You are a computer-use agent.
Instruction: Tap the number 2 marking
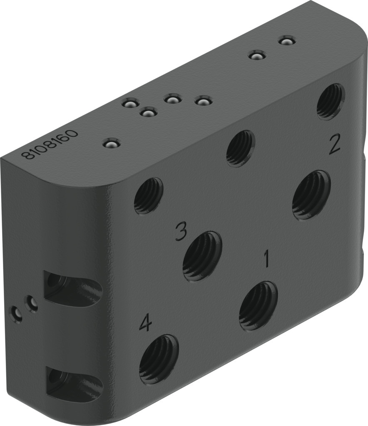tap(335, 144)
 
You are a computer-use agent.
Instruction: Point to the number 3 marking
tap(180, 231)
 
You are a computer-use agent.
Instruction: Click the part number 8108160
tap(50, 144)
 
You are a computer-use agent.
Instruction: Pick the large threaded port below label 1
tap(258, 306)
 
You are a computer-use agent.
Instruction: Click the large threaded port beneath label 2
tap(311, 195)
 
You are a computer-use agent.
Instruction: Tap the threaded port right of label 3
tap(202, 256)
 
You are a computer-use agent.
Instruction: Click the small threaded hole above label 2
tap(331, 101)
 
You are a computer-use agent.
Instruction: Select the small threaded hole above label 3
tap(148, 196)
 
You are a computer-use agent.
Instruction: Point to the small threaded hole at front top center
tap(240, 149)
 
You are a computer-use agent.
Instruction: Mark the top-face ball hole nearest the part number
tap(112, 144)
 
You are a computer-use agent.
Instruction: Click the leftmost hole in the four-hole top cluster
tap(130, 102)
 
